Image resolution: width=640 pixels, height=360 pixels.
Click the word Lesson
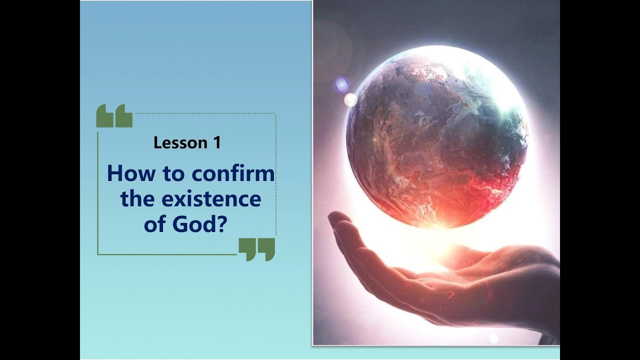pyautogui.click(x=180, y=143)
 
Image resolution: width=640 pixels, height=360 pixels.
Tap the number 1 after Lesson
pyautogui.click(x=216, y=143)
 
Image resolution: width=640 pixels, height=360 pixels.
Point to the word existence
pyautogui.click(x=211, y=199)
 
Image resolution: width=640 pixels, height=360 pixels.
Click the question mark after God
pyautogui.click(x=222, y=224)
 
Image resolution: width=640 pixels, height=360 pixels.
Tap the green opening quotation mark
pyautogui.click(x=114, y=116)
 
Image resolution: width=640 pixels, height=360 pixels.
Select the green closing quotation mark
pyautogui.click(x=256, y=249)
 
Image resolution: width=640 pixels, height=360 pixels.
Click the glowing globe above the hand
pyautogui.click(x=436, y=135)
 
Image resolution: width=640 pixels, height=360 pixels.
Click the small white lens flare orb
pyautogui.click(x=351, y=100)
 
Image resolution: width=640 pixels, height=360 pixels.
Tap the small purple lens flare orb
pyautogui.click(x=341, y=84)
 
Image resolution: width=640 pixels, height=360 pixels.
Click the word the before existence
pyautogui.click(x=137, y=199)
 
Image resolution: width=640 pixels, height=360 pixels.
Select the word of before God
pyautogui.click(x=155, y=224)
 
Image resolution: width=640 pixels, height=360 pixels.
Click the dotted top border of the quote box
pyautogui.click(x=205, y=114)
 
